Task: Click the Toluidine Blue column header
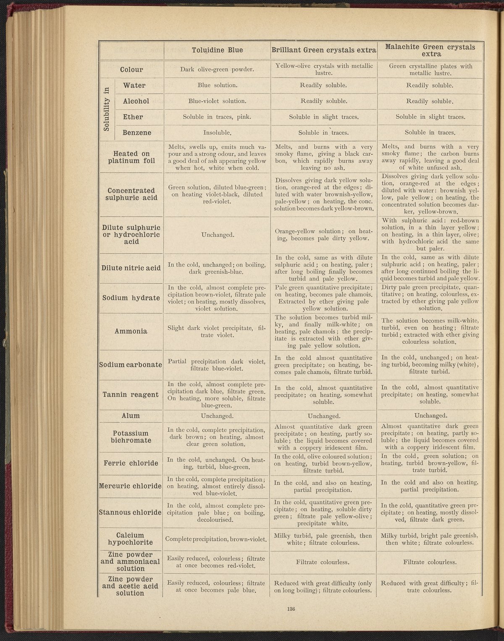217,50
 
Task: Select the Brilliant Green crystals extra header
323,50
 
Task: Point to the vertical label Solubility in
107,109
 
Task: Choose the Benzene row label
137,133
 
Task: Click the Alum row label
131,415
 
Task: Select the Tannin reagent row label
131,394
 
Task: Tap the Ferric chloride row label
131,463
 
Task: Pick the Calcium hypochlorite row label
130,539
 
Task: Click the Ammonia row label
131,331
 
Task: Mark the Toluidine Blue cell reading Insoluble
217,133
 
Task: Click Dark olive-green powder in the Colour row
217,69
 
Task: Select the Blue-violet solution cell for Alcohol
217,101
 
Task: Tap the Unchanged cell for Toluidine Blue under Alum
217,416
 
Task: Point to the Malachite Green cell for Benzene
430,133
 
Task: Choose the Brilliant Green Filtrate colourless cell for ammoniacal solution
323,562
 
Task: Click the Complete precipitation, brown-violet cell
217,539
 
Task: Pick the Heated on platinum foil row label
131,157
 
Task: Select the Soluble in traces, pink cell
217,117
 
